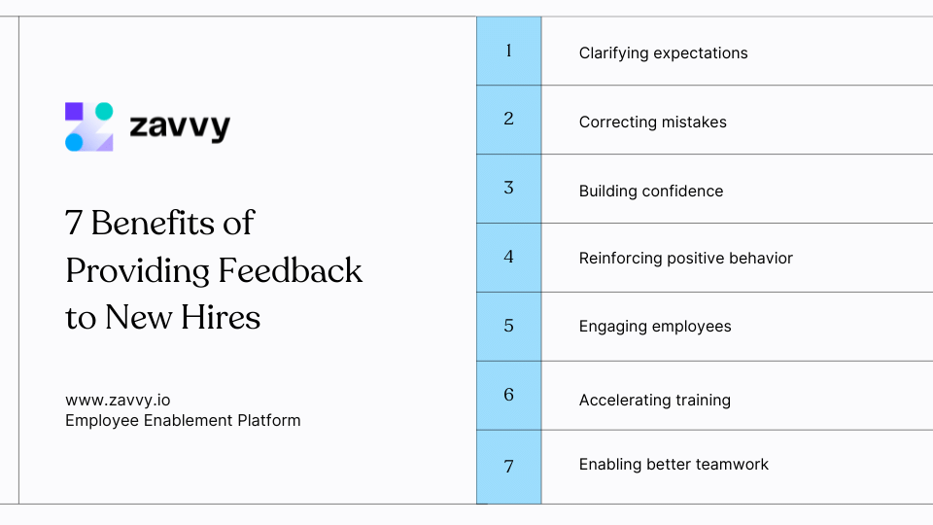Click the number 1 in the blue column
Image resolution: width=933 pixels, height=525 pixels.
tap(508, 51)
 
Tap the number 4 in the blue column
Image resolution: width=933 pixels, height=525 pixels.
tap(508, 257)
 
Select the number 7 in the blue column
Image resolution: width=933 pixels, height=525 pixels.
tap(508, 466)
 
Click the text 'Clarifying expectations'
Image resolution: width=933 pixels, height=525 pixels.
tap(663, 52)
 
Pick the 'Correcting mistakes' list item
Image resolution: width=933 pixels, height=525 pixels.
tap(652, 122)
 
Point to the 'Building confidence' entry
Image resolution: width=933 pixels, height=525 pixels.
tap(650, 191)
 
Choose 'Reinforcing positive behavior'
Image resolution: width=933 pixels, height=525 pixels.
tap(685, 258)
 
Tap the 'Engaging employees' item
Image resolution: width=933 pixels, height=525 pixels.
tap(654, 326)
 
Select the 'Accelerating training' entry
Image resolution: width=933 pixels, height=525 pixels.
tap(654, 400)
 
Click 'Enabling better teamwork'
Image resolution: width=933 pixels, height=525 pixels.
tap(673, 464)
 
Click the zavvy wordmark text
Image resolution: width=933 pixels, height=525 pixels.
tap(180, 126)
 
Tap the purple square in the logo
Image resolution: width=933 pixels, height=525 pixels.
tap(74, 111)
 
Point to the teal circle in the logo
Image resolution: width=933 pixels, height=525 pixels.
tap(104, 111)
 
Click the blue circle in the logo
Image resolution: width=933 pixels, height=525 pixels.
tap(74, 142)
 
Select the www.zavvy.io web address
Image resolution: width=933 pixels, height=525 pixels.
tap(118, 400)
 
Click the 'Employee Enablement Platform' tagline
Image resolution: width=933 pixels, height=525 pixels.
tap(183, 420)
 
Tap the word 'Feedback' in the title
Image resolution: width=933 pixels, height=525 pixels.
tap(290, 270)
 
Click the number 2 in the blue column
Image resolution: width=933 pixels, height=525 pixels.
tap(508, 119)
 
